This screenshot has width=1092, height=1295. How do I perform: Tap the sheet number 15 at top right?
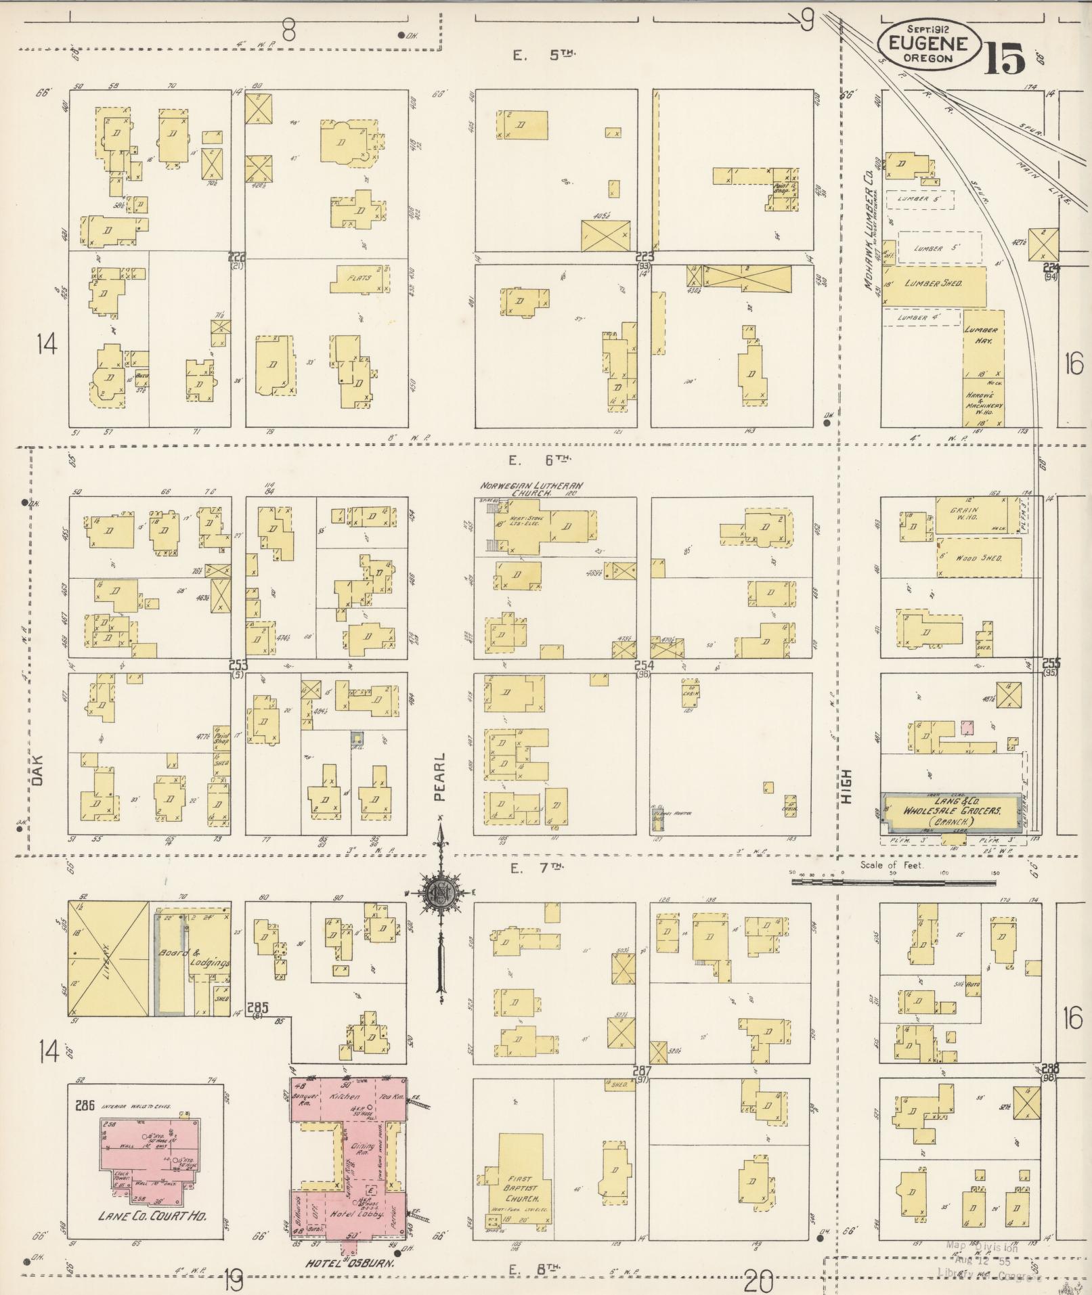tap(1005, 59)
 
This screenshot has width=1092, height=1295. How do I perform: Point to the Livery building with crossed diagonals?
tap(109, 959)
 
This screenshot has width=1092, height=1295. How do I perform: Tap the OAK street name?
tap(37, 770)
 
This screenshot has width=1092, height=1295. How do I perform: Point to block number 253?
tap(238, 664)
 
